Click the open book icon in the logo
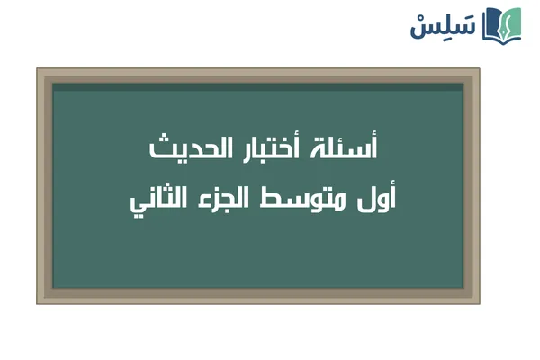coord(502,24)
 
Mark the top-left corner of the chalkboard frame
coord(39,70)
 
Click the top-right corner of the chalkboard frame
coord(478,70)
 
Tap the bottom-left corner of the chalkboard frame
coord(39,301)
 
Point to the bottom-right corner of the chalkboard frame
coord(478,301)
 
